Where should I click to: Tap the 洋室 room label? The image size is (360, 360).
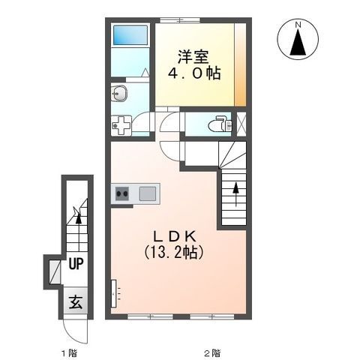[193, 57]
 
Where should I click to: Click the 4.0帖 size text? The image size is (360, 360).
[194, 73]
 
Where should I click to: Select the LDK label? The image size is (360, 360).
[175, 236]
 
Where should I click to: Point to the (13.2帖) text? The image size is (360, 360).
[173, 252]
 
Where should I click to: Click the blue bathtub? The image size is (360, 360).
[130, 35]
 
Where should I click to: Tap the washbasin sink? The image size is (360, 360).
[119, 94]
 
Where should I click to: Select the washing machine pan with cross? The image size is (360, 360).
[121, 125]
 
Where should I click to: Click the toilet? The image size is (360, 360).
[220, 124]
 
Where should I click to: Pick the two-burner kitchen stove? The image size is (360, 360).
[122, 193]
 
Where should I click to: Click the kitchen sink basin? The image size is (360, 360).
[148, 193]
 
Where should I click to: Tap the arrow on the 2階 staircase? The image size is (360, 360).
[235, 194]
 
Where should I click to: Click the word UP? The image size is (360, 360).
[76, 263]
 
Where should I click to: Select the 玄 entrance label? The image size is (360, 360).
[76, 302]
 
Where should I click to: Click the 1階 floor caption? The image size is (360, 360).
[70, 353]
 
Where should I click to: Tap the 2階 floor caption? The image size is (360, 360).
[213, 353]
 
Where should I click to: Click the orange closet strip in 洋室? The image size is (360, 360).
[240, 65]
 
